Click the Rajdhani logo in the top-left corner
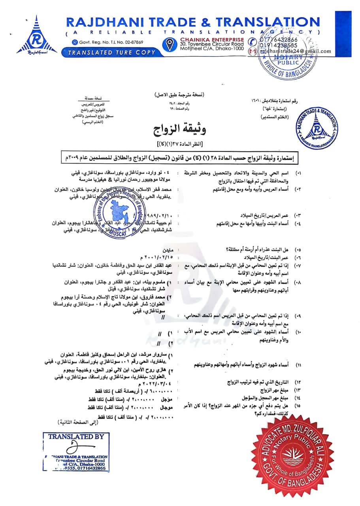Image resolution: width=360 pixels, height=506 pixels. coord(34,38)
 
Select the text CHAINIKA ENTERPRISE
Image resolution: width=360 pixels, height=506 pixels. coord(212,40)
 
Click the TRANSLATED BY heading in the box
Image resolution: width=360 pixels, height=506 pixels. coord(76,436)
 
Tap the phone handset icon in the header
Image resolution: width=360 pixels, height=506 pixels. coord(252,42)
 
